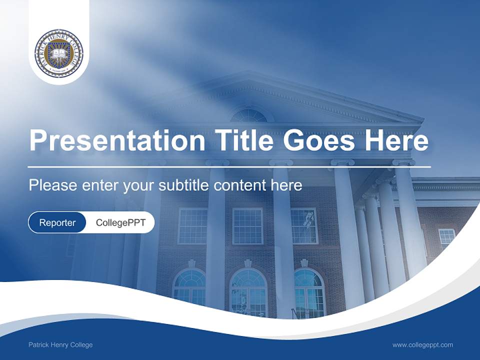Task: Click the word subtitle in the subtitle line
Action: tap(185, 185)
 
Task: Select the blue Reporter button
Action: tap(57, 222)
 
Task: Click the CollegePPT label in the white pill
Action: tap(120, 222)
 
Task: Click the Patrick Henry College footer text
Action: tap(60, 344)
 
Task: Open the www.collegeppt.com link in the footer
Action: tap(422, 344)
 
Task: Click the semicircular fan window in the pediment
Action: tap(249, 116)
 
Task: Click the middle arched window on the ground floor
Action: tap(248, 292)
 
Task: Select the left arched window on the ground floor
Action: tap(189, 287)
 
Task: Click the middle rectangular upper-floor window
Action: tap(247, 226)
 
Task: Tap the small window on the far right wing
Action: tap(446, 237)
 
